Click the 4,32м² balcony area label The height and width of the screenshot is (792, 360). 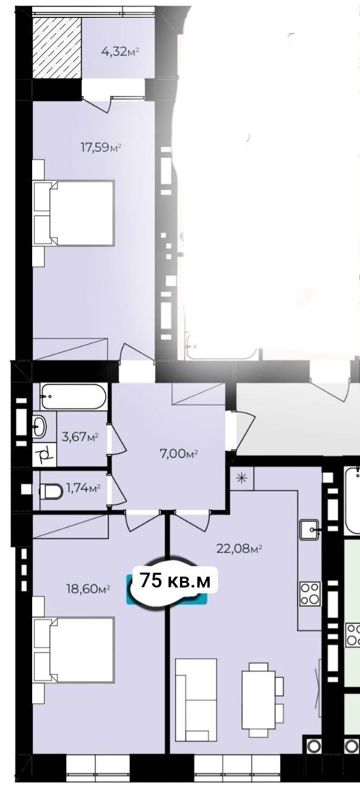coord(120,52)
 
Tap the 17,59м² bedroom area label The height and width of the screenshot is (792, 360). coord(101,147)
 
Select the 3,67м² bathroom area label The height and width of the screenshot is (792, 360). coord(80,437)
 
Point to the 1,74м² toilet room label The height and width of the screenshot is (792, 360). coord(84,488)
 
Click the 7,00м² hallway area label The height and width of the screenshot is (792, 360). coord(179,454)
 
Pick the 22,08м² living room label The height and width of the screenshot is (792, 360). coord(239,549)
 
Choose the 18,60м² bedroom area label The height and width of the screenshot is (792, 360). coord(88,588)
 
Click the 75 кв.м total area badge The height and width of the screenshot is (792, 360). coord(174,581)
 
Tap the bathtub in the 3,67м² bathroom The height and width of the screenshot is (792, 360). coord(73,397)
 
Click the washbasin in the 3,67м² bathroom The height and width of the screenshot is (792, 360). coord(39,426)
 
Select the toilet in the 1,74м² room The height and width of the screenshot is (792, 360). coord(51,491)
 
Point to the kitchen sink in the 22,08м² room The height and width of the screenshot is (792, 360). coord(309,529)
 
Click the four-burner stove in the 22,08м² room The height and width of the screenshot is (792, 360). coord(310,593)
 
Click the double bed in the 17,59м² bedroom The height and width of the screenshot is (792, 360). coord(74,213)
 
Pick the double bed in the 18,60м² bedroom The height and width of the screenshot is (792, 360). coord(74,650)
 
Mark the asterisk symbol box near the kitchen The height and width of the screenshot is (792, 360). coord(242,479)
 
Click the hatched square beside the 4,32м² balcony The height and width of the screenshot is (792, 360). coord(57,48)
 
